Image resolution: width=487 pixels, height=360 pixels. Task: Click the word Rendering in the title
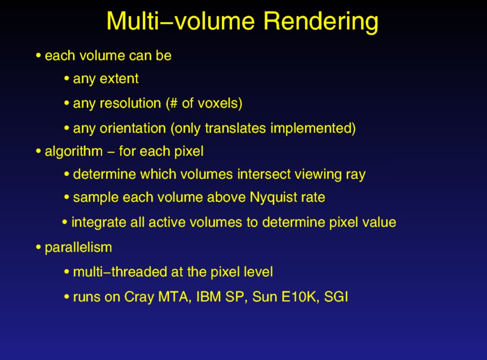(x=321, y=22)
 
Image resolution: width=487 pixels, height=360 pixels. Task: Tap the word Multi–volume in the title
(x=181, y=21)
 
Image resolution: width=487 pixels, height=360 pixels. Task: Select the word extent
(x=119, y=79)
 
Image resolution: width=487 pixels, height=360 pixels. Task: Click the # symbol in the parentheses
(x=173, y=103)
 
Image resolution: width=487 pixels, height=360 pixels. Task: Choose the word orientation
(x=133, y=128)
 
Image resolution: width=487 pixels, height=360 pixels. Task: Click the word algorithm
(x=74, y=152)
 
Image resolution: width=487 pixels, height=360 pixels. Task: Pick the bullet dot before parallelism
(x=38, y=247)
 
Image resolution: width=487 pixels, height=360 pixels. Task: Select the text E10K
(x=300, y=296)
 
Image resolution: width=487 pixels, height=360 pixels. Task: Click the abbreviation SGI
(x=336, y=296)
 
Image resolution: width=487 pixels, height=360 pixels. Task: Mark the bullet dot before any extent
(x=67, y=78)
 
